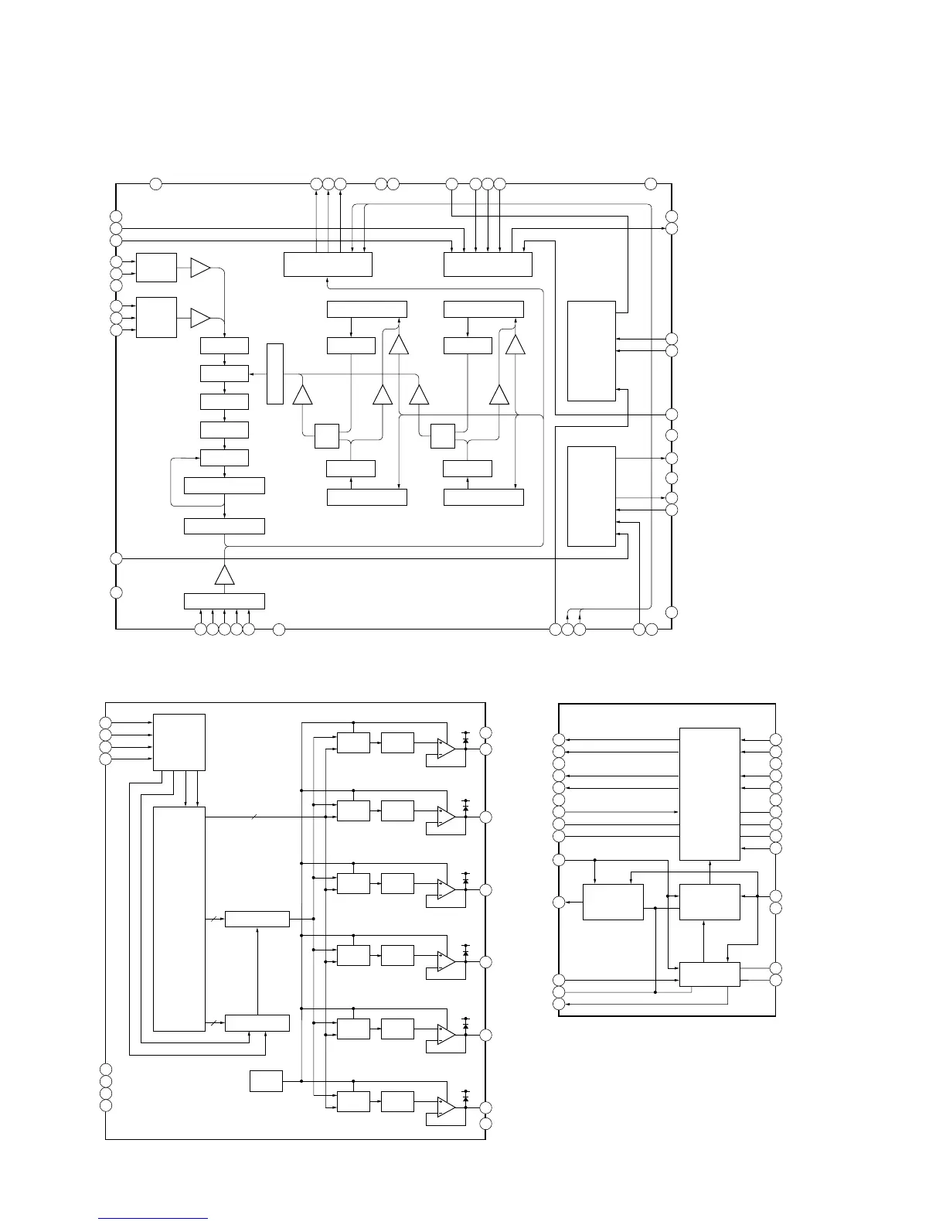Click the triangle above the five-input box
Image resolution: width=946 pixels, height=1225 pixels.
click(x=224, y=575)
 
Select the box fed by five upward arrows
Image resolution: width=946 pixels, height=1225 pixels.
click(x=224, y=601)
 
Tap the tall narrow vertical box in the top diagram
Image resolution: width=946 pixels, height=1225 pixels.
click(x=274, y=374)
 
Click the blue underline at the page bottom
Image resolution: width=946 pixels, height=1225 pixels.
click(x=153, y=1218)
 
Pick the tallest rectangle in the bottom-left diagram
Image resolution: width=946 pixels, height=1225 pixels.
click(x=179, y=918)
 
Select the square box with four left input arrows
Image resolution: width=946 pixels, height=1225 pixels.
click(x=179, y=742)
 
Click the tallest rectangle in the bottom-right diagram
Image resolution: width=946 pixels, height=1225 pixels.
click(x=709, y=793)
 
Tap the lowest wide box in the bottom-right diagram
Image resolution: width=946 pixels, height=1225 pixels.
click(x=709, y=974)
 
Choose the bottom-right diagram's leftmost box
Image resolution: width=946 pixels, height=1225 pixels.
click(x=613, y=902)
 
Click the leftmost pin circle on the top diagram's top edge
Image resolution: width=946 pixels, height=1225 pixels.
click(x=155, y=183)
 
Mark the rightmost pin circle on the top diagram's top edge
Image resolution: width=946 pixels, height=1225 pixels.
click(x=651, y=183)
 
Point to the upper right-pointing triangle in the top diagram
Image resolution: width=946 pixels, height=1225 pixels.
click(x=200, y=268)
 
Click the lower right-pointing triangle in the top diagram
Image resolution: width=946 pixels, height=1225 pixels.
click(x=200, y=317)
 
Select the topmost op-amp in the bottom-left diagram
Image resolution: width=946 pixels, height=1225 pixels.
click(x=445, y=747)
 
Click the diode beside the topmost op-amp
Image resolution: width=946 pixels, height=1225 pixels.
click(x=465, y=740)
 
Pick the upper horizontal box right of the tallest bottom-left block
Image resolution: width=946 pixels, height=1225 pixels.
click(x=257, y=919)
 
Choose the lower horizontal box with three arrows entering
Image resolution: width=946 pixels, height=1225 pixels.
click(x=257, y=1022)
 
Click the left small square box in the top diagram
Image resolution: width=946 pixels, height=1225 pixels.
click(x=327, y=436)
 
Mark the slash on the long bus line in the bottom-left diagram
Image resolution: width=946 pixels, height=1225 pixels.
click(x=254, y=817)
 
